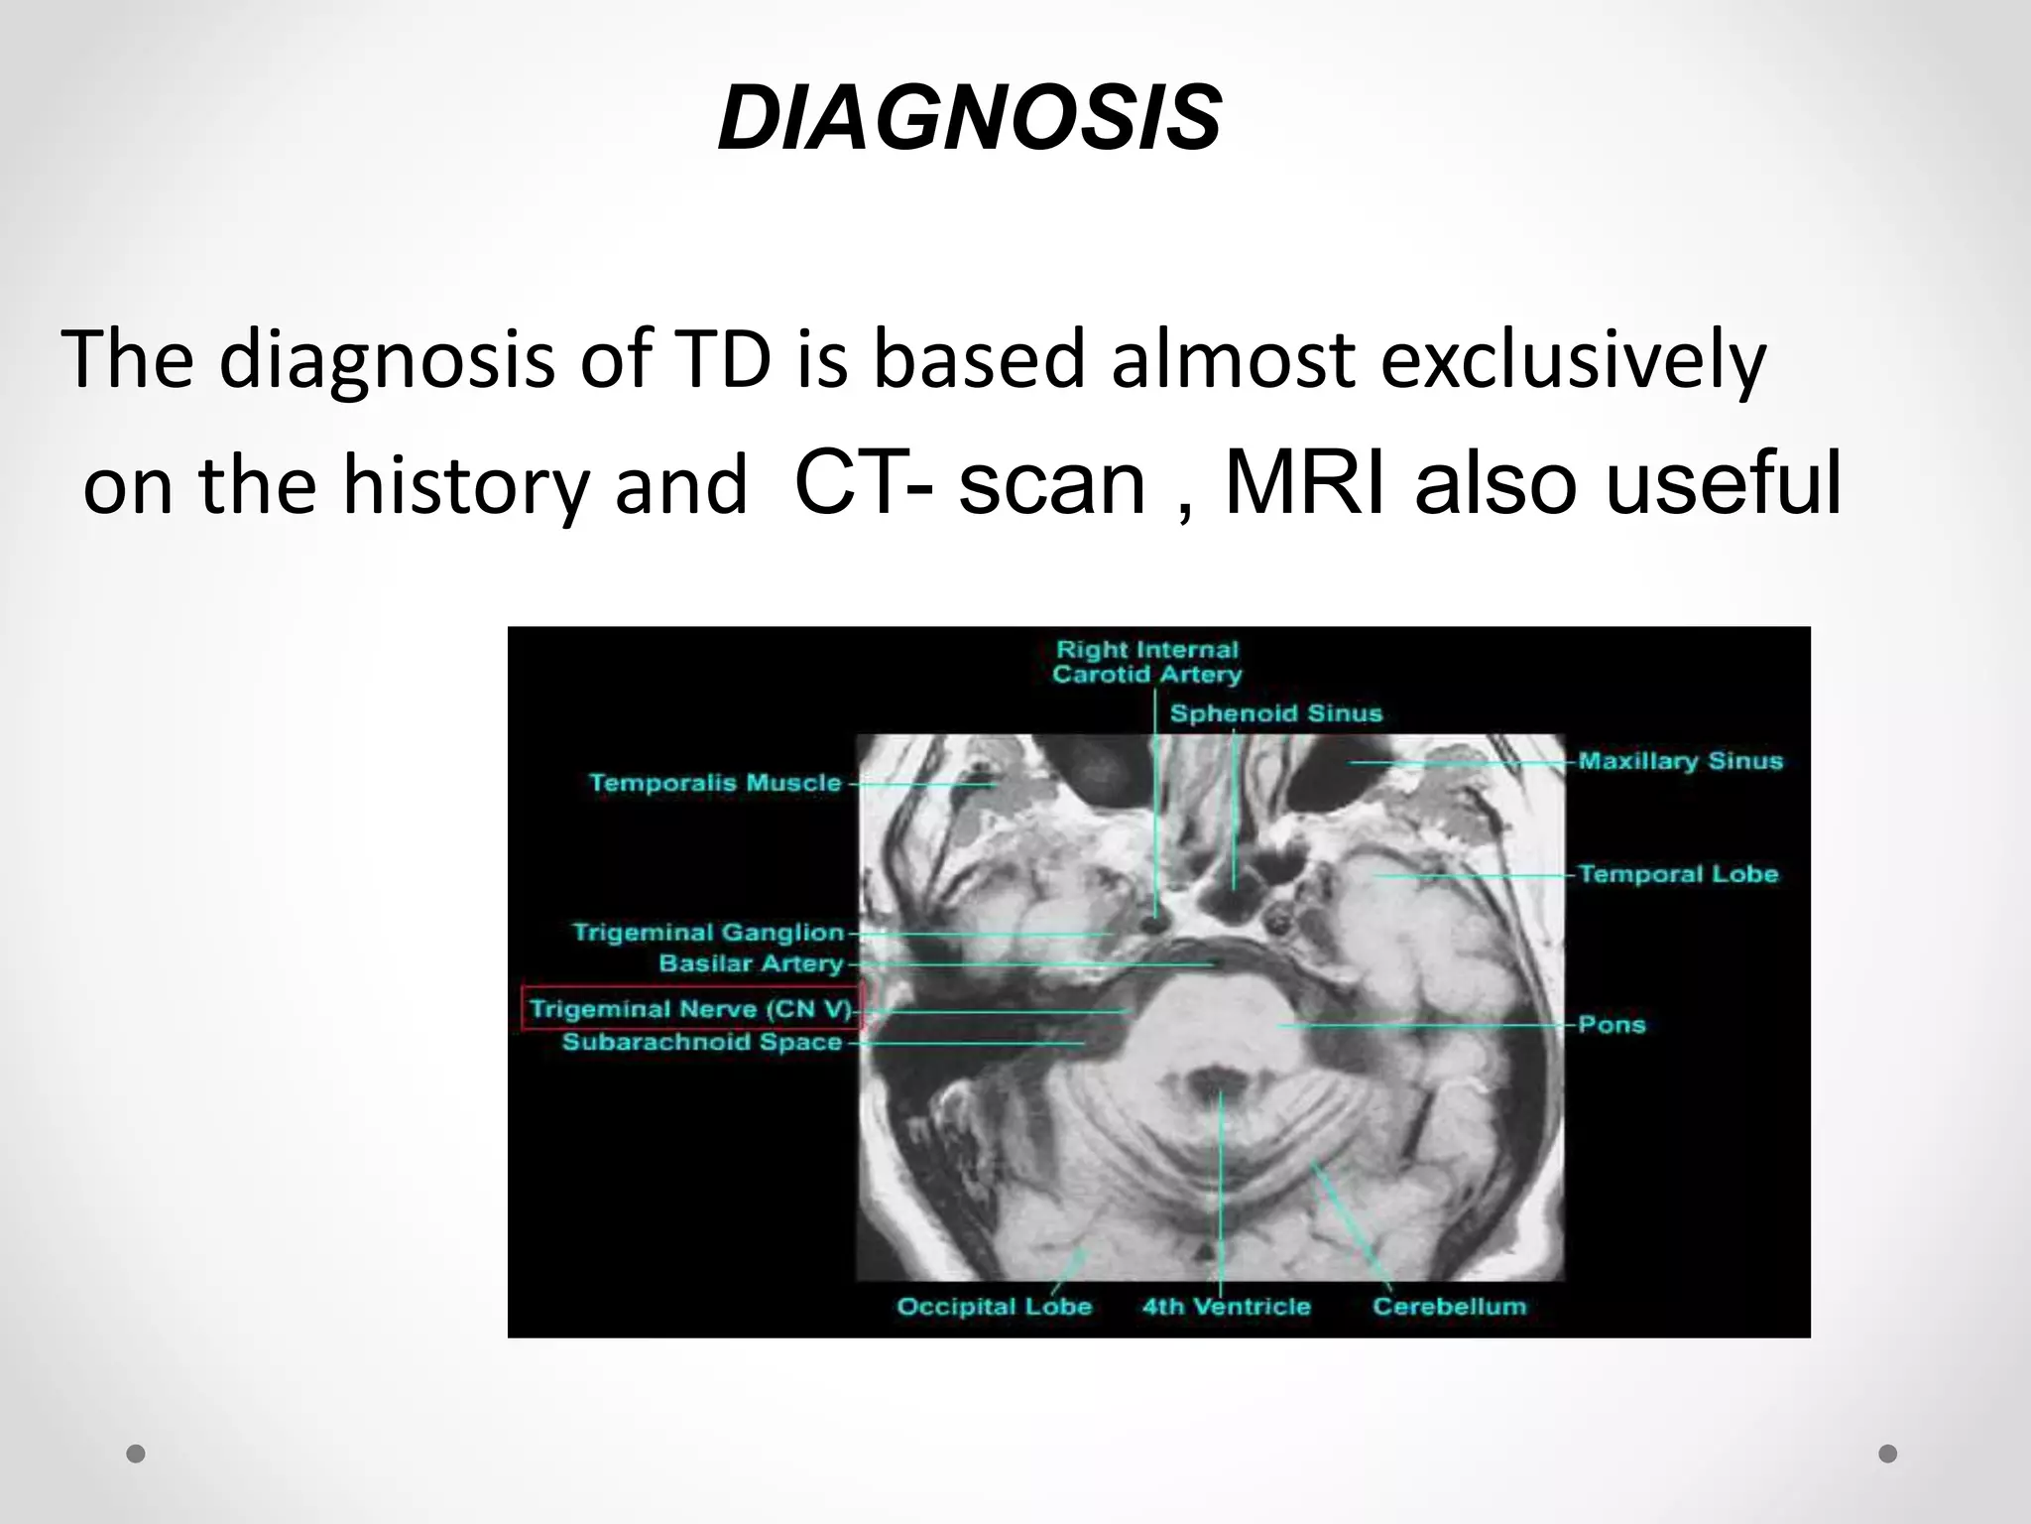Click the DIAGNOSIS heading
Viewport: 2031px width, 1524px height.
pyautogui.click(x=969, y=118)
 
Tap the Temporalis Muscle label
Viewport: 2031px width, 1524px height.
pyautogui.click(x=715, y=783)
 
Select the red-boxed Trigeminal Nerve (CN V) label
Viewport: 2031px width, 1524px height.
pyautogui.click(x=691, y=1009)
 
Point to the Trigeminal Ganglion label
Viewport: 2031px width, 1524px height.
pyautogui.click(x=708, y=933)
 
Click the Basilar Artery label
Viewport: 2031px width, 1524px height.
pyautogui.click(x=751, y=963)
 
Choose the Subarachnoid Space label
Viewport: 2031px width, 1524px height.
pyautogui.click(x=702, y=1042)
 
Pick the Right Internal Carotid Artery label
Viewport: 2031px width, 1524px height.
pyautogui.click(x=1147, y=662)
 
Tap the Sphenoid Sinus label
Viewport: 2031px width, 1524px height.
pyautogui.click(x=1275, y=713)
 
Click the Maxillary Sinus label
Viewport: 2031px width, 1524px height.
pyautogui.click(x=1680, y=761)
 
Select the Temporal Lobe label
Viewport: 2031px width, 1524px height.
pyautogui.click(x=1678, y=874)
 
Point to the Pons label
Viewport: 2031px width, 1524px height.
pyautogui.click(x=1612, y=1024)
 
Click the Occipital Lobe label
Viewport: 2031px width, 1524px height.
pyautogui.click(x=994, y=1306)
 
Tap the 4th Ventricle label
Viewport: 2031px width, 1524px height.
pyautogui.click(x=1226, y=1306)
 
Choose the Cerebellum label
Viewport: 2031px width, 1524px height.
pyautogui.click(x=1449, y=1306)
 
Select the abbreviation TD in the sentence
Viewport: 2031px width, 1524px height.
pyautogui.click(x=722, y=358)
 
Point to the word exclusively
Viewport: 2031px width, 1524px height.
pyautogui.click(x=1573, y=358)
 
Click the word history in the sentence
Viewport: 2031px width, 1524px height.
pyautogui.click(x=465, y=486)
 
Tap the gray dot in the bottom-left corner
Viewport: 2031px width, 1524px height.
pyautogui.click(x=137, y=1454)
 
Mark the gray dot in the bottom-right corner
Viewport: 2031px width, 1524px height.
pyautogui.click(x=1888, y=1454)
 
